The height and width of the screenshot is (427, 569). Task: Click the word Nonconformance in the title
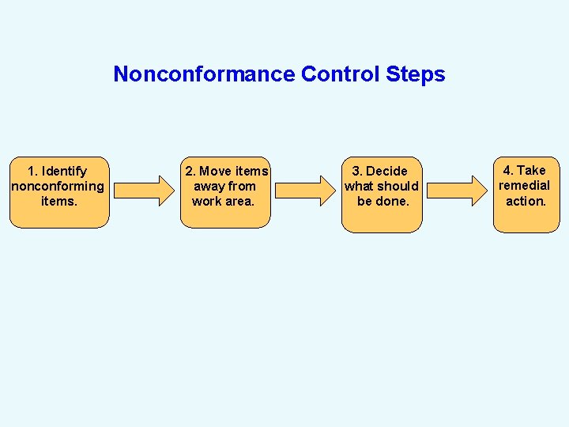pyautogui.click(x=204, y=74)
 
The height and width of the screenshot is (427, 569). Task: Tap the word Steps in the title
pyautogui.click(x=416, y=74)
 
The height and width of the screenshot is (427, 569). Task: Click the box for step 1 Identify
pyautogui.click(x=58, y=192)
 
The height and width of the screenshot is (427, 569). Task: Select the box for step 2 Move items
pyautogui.click(x=224, y=192)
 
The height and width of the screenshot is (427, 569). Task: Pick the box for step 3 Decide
pyautogui.click(x=382, y=195)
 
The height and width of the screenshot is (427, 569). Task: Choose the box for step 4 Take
pyautogui.click(x=526, y=194)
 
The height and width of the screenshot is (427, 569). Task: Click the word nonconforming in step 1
pyautogui.click(x=58, y=187)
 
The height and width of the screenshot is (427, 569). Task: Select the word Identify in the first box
pyautogui.click(x=64, y=172)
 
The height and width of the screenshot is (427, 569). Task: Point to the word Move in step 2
pyautogui.click(x=216, y=172)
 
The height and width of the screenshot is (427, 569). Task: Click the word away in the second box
pyautogui.click(x=208, y=187)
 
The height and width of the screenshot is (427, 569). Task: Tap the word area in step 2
pyautogui.click(x=240, y=202)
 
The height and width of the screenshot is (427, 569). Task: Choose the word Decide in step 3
pyautogui.click(x=387, y=172)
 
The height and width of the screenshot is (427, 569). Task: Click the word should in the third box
pyautogui.click(x=398, y=187)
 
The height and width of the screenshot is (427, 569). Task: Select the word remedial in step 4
pyautogui.click(x=524, y=186)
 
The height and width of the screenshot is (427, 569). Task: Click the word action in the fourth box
pyautogui.click(x=526, y=201)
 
